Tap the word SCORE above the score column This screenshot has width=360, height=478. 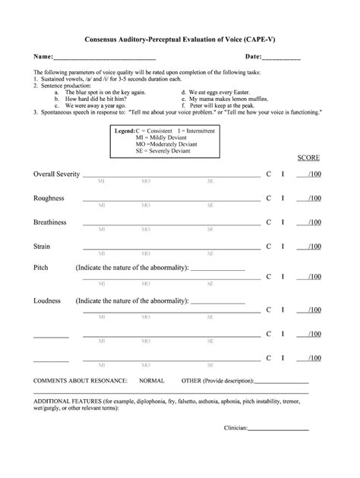308,158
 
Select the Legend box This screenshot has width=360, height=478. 164,141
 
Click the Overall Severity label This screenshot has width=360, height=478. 56,174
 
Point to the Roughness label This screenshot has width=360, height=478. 49,198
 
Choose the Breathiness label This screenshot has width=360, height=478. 50,222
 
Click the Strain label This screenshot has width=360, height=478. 42,247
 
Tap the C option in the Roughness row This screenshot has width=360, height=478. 268,198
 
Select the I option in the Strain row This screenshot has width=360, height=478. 283,247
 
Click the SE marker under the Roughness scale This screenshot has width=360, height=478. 210,206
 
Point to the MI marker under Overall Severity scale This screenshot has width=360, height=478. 101,181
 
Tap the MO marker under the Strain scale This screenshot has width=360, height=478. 145,254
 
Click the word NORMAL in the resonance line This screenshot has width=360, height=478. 152,379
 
